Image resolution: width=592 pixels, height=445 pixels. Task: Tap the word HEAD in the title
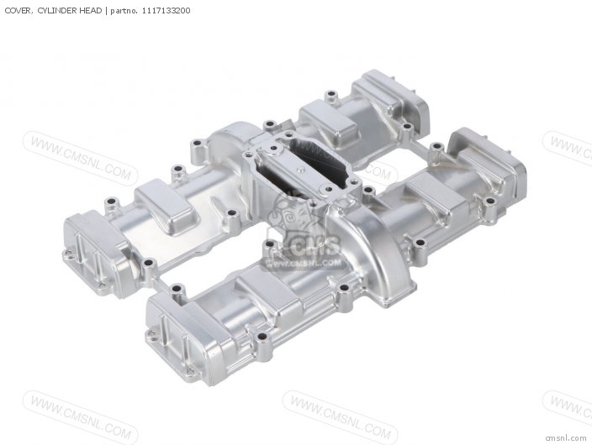[x=90, y=11]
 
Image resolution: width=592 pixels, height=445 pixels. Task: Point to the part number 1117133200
[x=166, y=11]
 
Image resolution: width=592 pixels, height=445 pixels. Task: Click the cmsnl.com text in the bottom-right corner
[x=566, y=437]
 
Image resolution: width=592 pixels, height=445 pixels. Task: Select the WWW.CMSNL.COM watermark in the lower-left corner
[x=81, y=417]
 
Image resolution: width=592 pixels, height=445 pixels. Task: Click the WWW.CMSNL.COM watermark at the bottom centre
[x=341, y=417]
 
